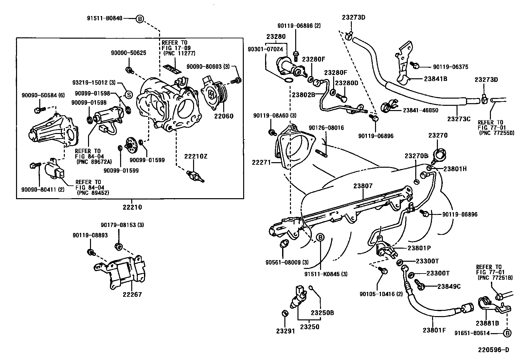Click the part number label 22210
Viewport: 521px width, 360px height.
[x=132, y=207]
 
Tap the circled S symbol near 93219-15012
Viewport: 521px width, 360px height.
[x=129, y=95]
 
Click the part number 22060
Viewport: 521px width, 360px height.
[x=224, y=116]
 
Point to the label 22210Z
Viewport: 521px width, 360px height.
[x=195, y=156]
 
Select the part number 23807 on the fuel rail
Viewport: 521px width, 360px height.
[x=363, y=186]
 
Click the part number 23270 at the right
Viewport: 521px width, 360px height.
[x=438, y=135]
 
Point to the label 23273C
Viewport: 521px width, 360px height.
[x=458, y=119]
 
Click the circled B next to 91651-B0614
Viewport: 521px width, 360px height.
[x=507, y=333]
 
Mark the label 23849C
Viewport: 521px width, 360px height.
[x=449, y=286]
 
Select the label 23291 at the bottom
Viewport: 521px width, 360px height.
[x=285, y=331]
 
